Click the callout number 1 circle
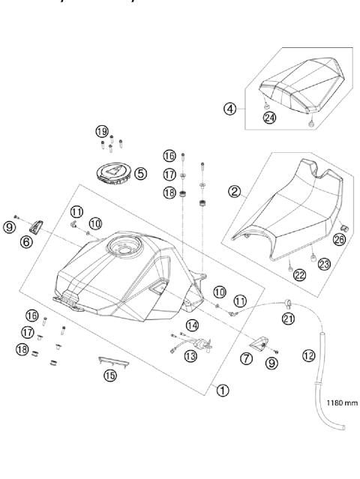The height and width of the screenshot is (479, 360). coord(220,388)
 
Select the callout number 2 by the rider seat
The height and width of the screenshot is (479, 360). coord(234,192)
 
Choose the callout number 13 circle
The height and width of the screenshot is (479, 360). coord(190,356)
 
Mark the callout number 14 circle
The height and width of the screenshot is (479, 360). coord(192,325)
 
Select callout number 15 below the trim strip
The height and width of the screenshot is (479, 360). coord(110,375)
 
